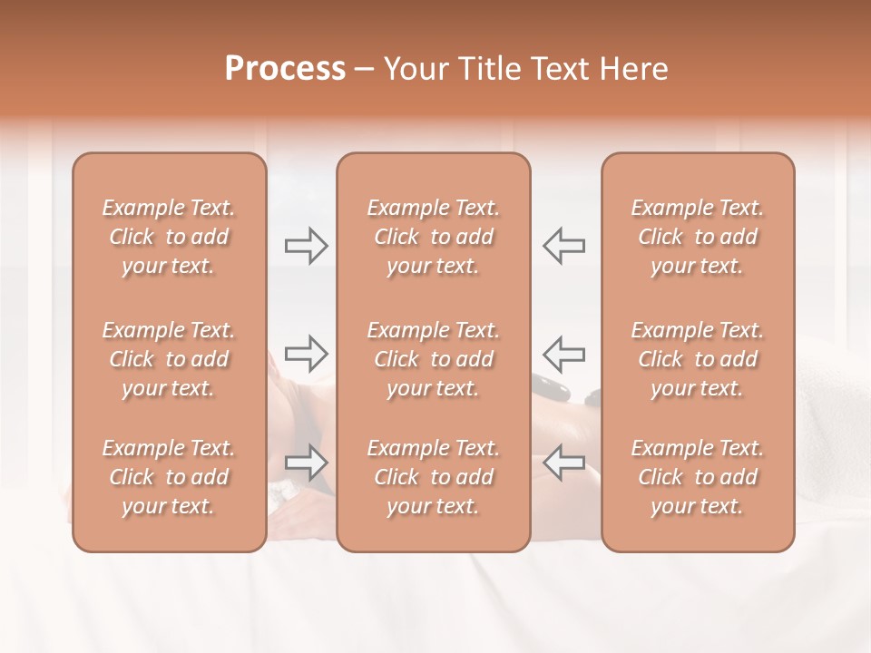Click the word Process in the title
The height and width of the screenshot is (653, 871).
[285, 69]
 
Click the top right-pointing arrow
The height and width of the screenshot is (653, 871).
[307, 246]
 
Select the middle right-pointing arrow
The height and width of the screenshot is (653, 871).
[307, 353]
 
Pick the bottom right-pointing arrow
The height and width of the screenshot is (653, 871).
[307, 463]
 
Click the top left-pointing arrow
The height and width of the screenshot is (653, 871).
[564, 246]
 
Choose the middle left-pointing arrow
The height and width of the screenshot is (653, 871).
[564, 353]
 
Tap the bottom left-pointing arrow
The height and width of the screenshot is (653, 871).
[564, 463]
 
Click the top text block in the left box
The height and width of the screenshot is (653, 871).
[169, 237]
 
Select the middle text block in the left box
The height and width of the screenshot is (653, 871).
[169, 359]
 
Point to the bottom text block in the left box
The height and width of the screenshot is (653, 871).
[169, 477]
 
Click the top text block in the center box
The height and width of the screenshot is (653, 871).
[434, 237]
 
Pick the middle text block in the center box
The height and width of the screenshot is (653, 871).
[434, 359]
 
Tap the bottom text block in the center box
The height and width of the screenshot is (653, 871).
[434, 477]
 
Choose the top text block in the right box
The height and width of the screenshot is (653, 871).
[698, 237]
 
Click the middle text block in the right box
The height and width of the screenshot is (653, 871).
[698, 359]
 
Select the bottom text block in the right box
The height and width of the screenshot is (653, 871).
[698, 477]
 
